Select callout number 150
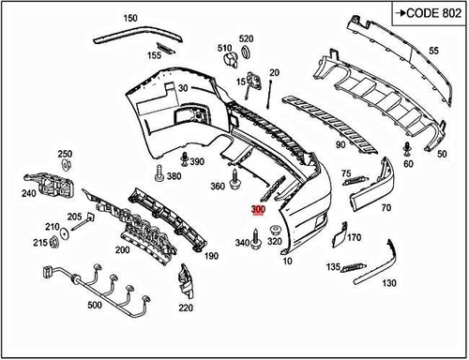129,19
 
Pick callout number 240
29,194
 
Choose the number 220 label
186,307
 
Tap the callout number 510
225,47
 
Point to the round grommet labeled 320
276,230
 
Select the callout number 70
386,209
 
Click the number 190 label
211,256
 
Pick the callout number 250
65,154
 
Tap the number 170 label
355,238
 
